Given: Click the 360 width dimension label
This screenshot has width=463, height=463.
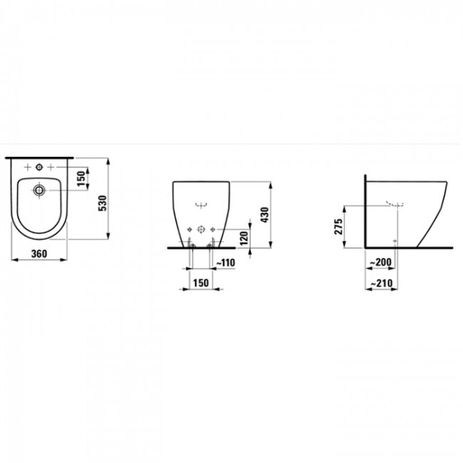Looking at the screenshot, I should (x=40, y=253).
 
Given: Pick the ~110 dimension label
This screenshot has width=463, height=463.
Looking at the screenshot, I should (x=224, y=263).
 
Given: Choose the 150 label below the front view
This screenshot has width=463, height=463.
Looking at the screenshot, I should (x=201, y=283).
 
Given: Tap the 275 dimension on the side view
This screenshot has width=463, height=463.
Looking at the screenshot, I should (x=339, y=227).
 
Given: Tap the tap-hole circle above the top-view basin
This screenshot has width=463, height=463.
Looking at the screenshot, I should (x=40, y=168).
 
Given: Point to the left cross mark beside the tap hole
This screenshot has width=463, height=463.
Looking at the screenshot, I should (x=27, y=168).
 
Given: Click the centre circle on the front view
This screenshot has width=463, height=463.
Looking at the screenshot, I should (x=201, y=229).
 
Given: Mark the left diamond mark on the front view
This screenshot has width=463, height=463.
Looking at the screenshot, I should (x=188, y=229).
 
